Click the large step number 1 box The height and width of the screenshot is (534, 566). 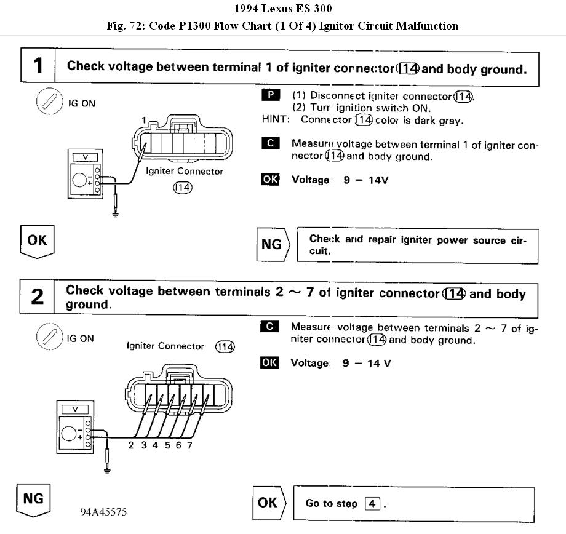(38, 66)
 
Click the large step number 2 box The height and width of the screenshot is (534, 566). (38, 297)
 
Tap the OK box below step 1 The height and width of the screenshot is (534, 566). (37, 240)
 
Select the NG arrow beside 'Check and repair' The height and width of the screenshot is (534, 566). (273, 244)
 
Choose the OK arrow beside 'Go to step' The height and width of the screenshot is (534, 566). (268, 503)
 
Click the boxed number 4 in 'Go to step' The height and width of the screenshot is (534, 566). (372, 503)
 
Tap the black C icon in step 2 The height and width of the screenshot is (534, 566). (269, 327)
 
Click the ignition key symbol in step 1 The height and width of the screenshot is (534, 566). (47, 102)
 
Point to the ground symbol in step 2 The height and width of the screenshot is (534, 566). (108, 469)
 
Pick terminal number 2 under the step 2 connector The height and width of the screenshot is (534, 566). (131, 445)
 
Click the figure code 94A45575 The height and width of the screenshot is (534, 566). (103, 512)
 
